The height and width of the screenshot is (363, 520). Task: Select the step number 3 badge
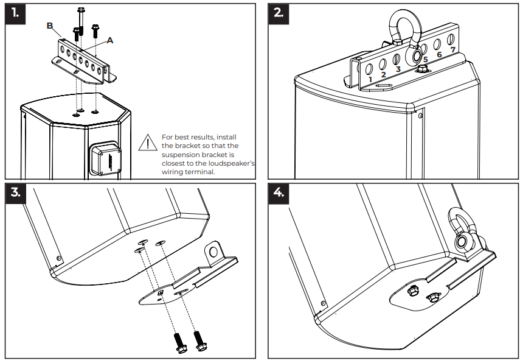(16, 193)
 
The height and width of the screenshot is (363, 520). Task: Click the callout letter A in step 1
(110, 40)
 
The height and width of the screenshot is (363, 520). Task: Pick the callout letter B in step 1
(50, 26)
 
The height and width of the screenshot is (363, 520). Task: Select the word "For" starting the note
(168, 138)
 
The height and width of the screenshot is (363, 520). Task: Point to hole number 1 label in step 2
(370, 79)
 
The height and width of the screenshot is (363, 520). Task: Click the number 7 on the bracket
(452, 49)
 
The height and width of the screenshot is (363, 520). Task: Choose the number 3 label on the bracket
(398, 69)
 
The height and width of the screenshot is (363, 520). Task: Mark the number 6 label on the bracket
(439, 55)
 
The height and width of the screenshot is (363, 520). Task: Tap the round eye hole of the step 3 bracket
(213, 250)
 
